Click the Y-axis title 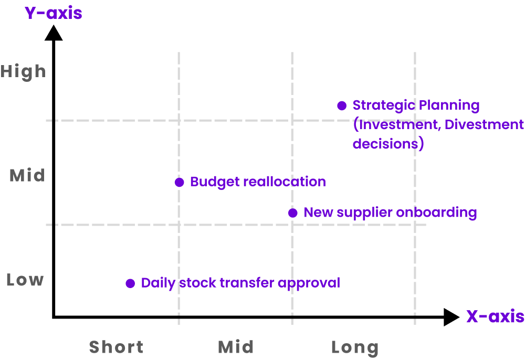pyautogui.click(x=53, y=13)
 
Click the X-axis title pyautogui.click(x=495, y=316)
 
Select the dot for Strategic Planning pyautogui.click(x=342, y=106)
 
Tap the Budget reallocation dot pyautogui.click(x=179, y=183)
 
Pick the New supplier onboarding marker pyautogui.click(x=293, y=213)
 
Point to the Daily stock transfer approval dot pyautogui.click(x=130, y=283)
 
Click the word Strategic pyautogui.click(x=381, y=105)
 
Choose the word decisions pyautogui.click(x=385, y=143)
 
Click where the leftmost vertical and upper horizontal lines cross pyautogui.click(x=179, y=120)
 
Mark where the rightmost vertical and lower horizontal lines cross pyautogui.click(x=415, y=225)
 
